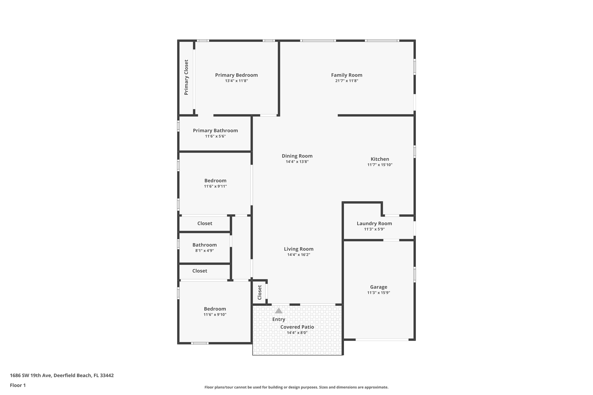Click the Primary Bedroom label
(236, 75)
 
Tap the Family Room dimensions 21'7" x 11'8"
(347, 81)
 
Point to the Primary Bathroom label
(215, 131)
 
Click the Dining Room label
(297, 156)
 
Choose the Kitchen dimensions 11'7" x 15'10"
(380, 165)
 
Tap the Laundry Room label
(374, 223)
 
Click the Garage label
(379, 287)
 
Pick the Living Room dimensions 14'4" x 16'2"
(298, 255)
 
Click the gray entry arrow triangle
(279, 311)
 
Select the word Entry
(279, 319)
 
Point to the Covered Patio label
(297, 327)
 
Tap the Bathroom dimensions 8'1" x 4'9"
(204, 251)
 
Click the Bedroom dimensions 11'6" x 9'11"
(215, 186)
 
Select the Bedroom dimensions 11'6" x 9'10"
(215, 315)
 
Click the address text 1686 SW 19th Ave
(31, 375)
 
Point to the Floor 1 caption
(18, 385)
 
